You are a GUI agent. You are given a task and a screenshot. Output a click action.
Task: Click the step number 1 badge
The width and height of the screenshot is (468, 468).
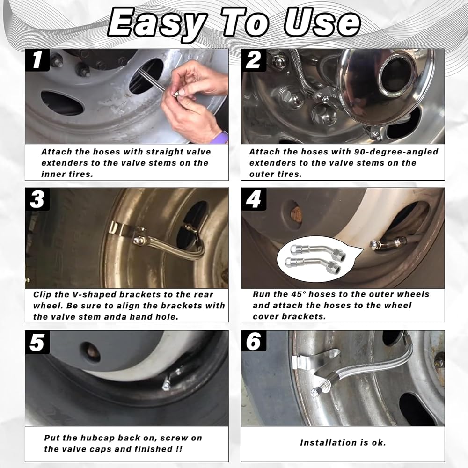point(37,60)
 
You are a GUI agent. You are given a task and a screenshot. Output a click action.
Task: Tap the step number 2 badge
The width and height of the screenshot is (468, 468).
point(253,60)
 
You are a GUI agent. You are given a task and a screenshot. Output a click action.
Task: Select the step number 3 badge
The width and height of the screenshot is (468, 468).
point(37,199)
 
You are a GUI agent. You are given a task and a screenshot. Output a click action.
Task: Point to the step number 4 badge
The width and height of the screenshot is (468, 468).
point(253,199)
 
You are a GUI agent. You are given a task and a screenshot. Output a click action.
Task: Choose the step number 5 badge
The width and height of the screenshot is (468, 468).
point(37,342)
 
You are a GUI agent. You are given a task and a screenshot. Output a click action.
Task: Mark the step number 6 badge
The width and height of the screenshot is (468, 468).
point(253,342)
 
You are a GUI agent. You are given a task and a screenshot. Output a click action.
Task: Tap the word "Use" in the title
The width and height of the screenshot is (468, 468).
point(322,22)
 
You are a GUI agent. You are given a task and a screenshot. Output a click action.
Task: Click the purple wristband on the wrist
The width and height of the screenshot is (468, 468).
point(222,138)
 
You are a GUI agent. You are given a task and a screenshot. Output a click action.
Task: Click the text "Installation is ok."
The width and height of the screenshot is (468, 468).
point(343,442)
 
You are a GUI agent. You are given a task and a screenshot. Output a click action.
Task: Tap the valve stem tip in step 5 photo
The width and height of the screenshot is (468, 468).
point(165,387)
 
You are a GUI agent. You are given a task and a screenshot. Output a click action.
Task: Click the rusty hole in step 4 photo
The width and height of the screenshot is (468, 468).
point(296,213)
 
